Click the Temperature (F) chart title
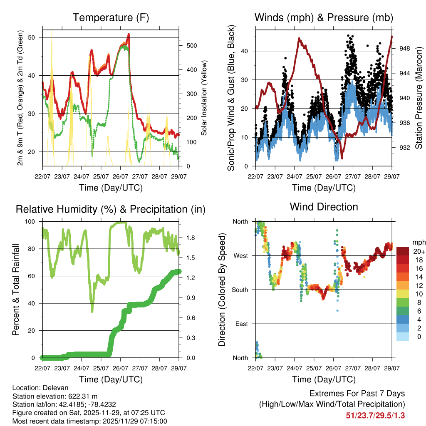coord(111,18)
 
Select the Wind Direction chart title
coord(324,207)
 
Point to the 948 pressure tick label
coord(405,49)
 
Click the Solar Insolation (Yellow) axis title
coord(204,98)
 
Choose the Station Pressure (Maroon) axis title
coord(419,98)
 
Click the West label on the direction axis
coord(240,256)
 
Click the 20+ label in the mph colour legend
coord(418,251)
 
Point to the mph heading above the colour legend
coord(418,242)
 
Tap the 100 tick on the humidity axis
coord(34,222)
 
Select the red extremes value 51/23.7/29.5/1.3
coord(375,415)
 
